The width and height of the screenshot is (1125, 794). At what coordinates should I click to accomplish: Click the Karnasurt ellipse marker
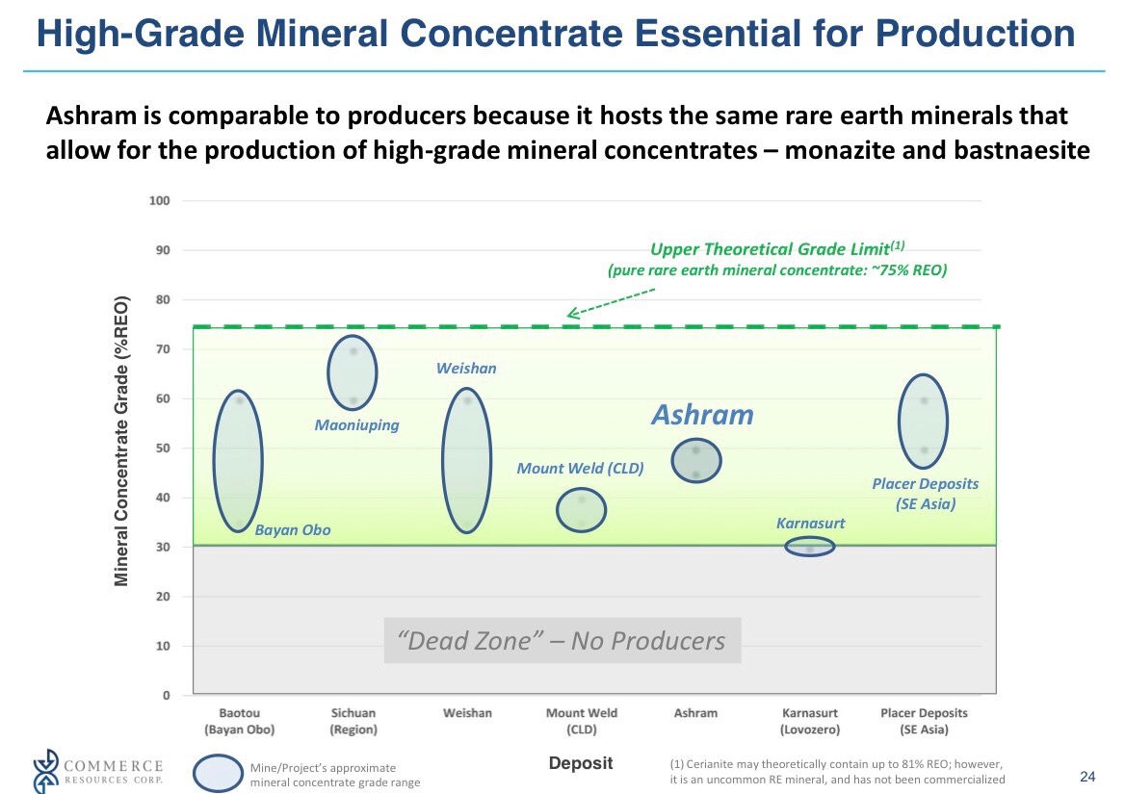(x=810, y=547)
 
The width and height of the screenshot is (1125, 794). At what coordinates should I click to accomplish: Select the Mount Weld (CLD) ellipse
(x=582, y=509)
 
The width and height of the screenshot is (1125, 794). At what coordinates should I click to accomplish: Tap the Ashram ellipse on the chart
(x=696, y=461)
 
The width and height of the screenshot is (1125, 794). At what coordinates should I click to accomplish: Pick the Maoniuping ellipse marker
(x=353, y=372)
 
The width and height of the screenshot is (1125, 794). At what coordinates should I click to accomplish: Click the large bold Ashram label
(x=702, y=415)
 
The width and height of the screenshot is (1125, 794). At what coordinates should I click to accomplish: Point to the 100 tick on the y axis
(x=159, y=201)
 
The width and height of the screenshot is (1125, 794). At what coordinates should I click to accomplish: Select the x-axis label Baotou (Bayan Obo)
(x=239, y=722)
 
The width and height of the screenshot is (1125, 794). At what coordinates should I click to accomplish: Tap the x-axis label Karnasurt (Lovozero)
(x=810, y=722)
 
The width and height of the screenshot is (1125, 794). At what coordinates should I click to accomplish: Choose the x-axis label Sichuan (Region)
(x=353, y=722)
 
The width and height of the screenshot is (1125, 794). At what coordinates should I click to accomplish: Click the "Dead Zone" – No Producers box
(x=562, y=641)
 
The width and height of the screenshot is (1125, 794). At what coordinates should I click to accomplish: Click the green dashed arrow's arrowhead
(x=571, y=312)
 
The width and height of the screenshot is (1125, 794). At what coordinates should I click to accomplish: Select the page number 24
(x=1088, y=777)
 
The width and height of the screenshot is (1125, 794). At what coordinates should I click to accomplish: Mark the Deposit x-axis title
(x=581, y=763)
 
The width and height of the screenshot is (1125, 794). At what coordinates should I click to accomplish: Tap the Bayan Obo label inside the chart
(x=293, y=530)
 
